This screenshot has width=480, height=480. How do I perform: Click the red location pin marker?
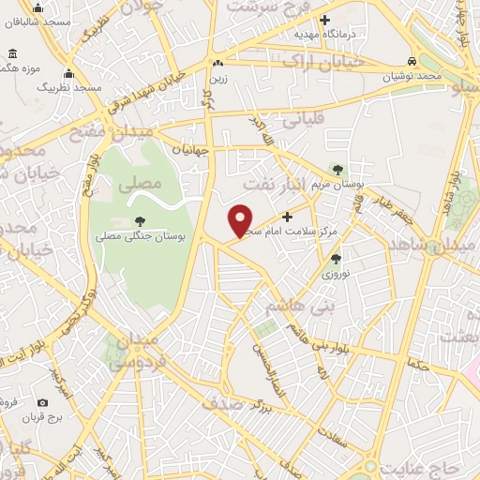coord(241,220)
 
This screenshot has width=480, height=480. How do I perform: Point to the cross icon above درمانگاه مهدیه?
coord(324,20)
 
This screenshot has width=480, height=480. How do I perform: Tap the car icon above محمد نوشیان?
coord(411,61)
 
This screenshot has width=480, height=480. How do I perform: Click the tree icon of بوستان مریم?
coord(337,170)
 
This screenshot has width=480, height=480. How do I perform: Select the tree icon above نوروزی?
coord(335,259)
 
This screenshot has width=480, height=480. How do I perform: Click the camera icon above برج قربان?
coord(42,403)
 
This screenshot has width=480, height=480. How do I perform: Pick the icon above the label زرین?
coord(217,63)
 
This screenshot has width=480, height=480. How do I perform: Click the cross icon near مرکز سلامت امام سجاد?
coord(287,217)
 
